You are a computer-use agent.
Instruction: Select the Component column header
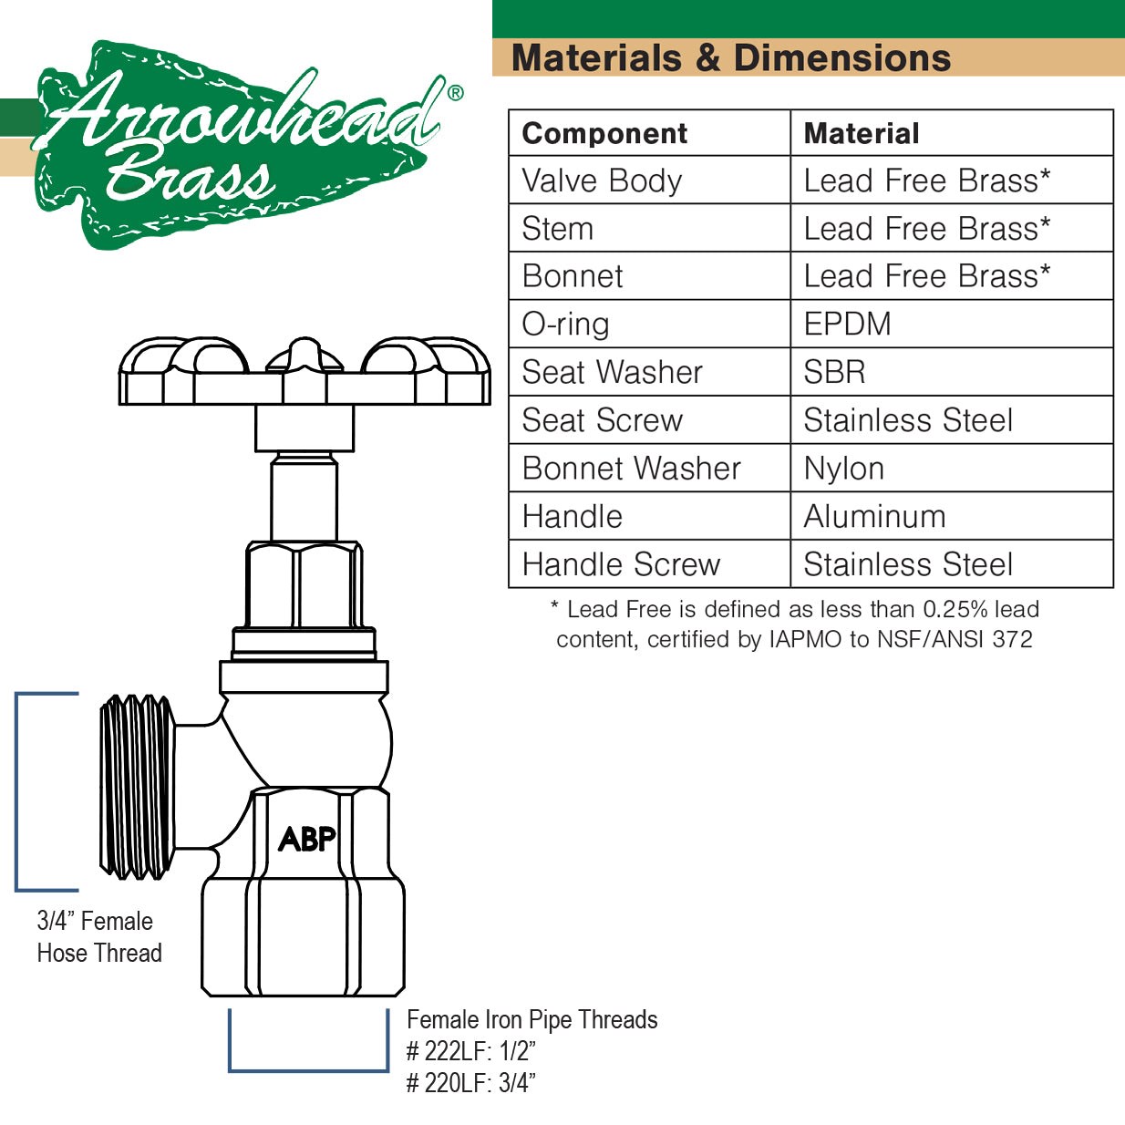pyautogui.click(x=604, y=134)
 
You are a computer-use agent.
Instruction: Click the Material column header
pyautogui.click(x=862, y=134)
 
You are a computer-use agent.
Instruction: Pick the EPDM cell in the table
pyautogui.click(x=847, y=324)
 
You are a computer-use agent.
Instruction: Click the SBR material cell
pyautogui.click(x=834, y=372)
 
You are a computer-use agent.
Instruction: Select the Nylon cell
pyautogui.click(x=843, y=469)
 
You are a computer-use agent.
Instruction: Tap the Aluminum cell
pyautogui.click(x=874, y=516)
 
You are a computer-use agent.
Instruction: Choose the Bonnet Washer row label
pyautogui.click(x=631, y=469)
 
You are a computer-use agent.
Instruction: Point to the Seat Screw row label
pyautogui.click(x=602, y=420)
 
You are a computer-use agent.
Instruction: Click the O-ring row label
pyautogui.click(x=566, y=325)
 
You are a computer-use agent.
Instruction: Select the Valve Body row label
pyautogui.click(x=602, y=181)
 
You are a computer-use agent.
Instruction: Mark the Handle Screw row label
pyautogui.click(x=621, y=564)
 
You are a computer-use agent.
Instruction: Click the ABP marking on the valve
pyautogui.click(x=307, y=840)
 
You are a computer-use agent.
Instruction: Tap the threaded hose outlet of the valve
pyautogui.click(x=138, y=787)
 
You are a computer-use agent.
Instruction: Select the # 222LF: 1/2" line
pyautogui.click(x=470, y=1051)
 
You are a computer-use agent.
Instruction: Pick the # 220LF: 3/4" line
pyautogui.click(x=470, y=1083)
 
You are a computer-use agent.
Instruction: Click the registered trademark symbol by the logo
pyautogui.click(x=455, y=92)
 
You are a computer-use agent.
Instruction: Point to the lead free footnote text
pyautogui.click(x=795, y=624)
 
